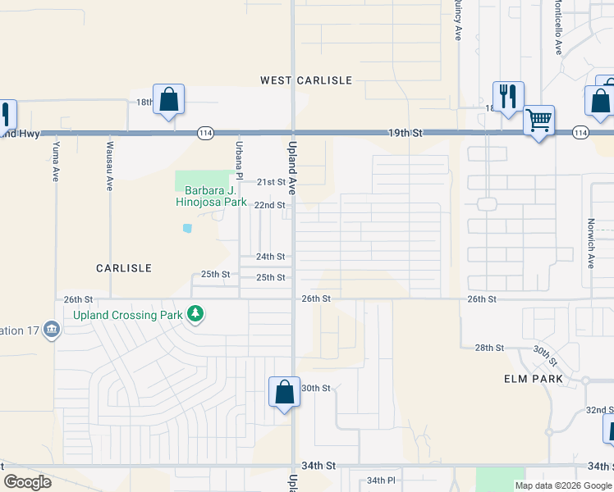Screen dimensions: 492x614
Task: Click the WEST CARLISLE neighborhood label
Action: tap(306, 80)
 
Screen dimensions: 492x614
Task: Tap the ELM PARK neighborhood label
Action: tap(534, 379)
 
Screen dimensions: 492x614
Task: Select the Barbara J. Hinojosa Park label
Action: tap(210, 195)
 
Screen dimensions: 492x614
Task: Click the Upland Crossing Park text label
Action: tap(127, 314)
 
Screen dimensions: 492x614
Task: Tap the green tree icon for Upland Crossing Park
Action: tap(195, 313)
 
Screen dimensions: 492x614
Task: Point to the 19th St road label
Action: tap(406, 132)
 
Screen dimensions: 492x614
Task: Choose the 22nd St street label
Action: tap(269, 205)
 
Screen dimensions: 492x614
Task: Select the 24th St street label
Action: tap(270, 257)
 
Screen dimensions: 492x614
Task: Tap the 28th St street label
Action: tap(489, 348)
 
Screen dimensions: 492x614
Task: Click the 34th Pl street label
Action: tap(381, 480)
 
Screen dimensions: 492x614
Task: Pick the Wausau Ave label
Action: tap(109, 166)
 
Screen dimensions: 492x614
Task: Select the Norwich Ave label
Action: tap(590, 244)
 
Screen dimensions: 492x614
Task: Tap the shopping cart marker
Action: tap(538, 121)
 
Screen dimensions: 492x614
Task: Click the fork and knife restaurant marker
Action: tap(508, 97)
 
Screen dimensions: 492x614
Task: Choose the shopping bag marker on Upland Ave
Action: tap(284, 392)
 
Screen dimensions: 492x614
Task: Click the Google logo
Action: tap(28, 482)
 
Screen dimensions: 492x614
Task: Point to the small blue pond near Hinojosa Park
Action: tap(187, 227)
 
